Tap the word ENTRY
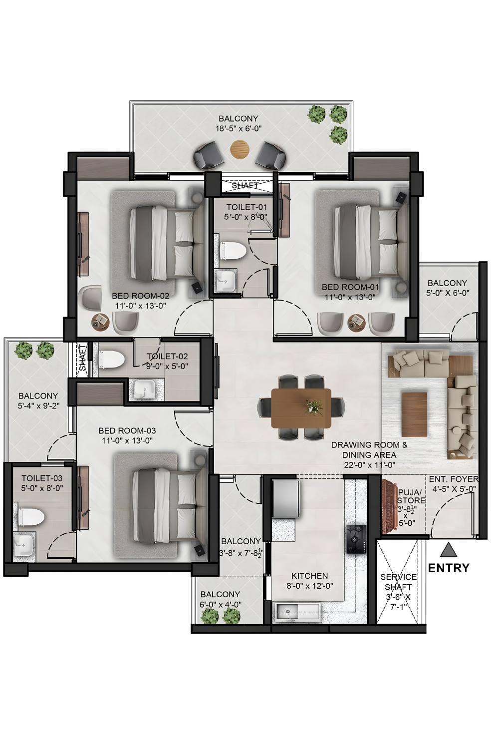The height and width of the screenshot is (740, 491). point(449,568)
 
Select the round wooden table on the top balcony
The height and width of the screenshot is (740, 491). point(240,149)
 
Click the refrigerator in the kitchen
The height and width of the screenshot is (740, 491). point(286,499)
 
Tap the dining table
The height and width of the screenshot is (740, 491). point(301,407)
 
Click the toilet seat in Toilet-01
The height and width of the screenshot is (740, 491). point(233,250)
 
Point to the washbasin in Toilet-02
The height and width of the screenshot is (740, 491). point(144,389)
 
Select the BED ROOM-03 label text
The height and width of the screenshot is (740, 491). point(127,430)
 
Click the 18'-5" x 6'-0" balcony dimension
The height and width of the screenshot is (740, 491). point(239,128)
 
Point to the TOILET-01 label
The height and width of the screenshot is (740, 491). point(246,207)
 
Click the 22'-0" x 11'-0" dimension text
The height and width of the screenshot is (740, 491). point(369,465)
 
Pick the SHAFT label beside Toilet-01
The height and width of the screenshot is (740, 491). point(245,185)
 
